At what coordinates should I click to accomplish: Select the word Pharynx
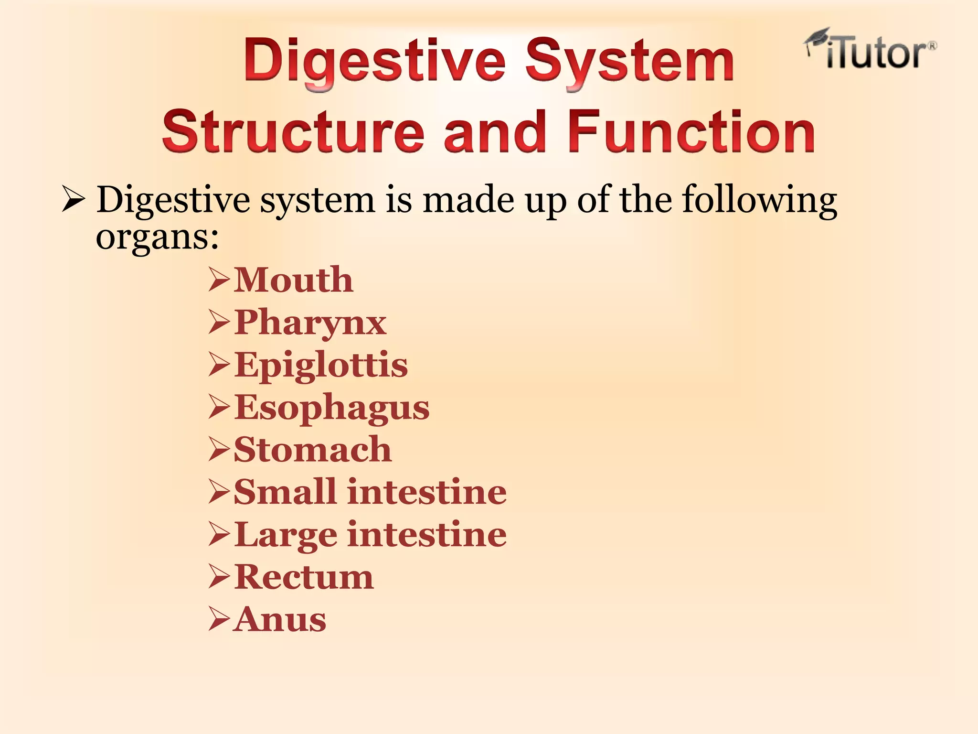coord(310,323)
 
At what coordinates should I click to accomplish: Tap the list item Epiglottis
coord(321,365)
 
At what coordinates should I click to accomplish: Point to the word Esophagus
coord(332,408)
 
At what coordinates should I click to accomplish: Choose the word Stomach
coord(313,450)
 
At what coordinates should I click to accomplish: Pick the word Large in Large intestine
coord(286,535)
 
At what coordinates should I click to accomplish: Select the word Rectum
coord(304,577)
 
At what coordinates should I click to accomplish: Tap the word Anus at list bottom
coord(280,620)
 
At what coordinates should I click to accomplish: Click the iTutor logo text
coord(876,54)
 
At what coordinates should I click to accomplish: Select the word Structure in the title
coord(293,131)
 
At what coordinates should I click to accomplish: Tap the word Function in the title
coord(691,131)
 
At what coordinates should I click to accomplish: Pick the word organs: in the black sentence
coord(157,237)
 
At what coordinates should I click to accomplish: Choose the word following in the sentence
coord(759,200)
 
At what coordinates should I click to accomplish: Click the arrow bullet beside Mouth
coord(219,281)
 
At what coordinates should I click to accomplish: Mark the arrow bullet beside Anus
coord(219,620)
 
